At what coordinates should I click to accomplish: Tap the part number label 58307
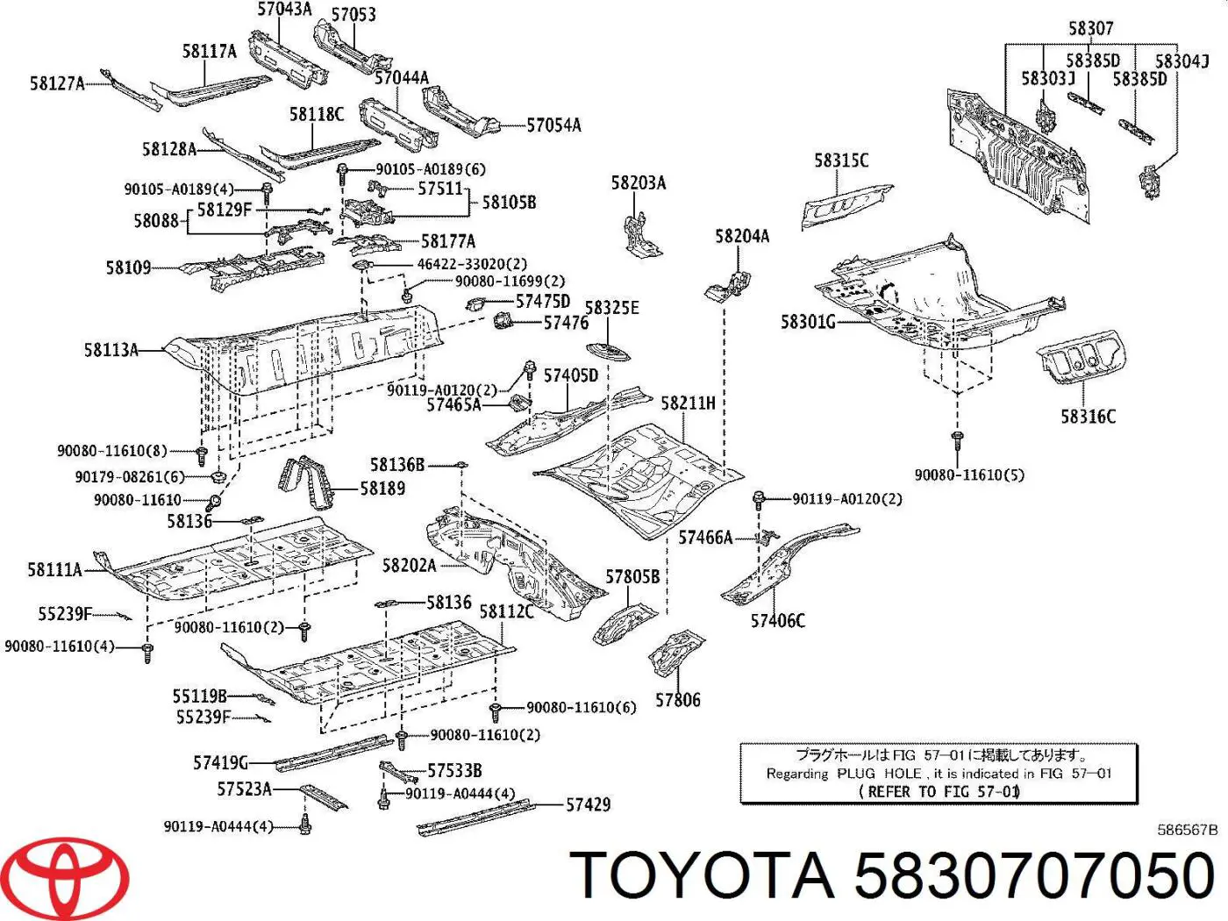coord(1090,28)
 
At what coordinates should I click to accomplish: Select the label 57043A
coord(284,9)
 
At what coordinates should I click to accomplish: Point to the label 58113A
coord(111,350)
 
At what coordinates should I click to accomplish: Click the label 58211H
coord(689,403)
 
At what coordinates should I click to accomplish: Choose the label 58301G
coord(808,322)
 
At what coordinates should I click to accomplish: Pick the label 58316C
coord(1089,417)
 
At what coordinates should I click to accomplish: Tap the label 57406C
coord(778,621)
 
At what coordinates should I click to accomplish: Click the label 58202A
coord(409,566)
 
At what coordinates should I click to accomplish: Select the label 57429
coord(588,804)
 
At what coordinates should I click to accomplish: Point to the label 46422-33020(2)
coord(472,264)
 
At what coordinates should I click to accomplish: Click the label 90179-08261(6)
coord(130,477)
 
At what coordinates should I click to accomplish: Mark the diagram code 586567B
coord(1187,830)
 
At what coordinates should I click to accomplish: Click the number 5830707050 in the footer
coord(1034,875)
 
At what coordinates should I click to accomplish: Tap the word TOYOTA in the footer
coord(702,875)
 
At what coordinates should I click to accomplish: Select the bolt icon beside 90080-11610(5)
coord(957,440)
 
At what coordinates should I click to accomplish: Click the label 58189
coord(382,489)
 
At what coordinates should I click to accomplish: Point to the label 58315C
coord(841,161)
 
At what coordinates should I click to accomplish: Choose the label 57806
coord(677,700)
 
